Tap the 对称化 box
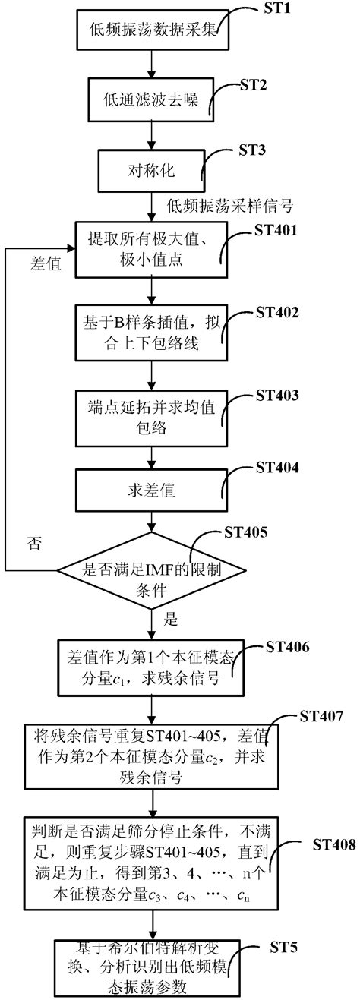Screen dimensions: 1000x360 [x=152, y=169]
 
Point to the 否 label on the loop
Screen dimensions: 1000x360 [x=35, y=543]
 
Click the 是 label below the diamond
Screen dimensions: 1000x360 [x=172, y=620]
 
